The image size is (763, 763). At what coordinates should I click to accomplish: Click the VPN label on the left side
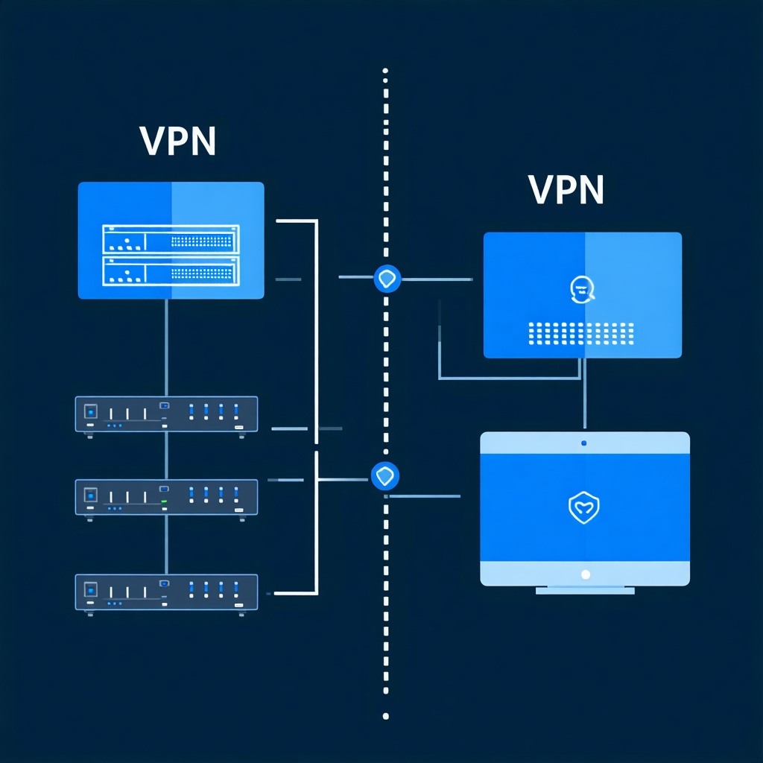click(177, 142)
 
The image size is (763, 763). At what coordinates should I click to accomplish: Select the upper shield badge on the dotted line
click(386, 279)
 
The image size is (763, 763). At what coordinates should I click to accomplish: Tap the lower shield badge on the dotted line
click(385, 475)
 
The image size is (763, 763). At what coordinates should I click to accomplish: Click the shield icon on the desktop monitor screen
click(584, 508)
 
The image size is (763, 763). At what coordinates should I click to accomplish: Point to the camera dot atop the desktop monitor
click(583, 443)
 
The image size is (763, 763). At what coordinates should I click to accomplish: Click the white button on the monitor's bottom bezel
click(585, 574)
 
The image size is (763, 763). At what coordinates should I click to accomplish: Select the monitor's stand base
click(585, 590)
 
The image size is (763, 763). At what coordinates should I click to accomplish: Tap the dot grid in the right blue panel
click(580, 333)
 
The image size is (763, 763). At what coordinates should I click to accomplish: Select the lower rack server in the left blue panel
click(170, 271)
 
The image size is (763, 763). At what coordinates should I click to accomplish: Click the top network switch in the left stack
click(166, 414)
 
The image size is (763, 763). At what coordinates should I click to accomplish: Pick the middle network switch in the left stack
click(166, 496)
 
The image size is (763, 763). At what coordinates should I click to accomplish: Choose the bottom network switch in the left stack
click(166, 592)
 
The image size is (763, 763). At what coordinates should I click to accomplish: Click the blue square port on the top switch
click(91, 411)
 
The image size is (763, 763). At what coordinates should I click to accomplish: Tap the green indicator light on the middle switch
click(165, 503)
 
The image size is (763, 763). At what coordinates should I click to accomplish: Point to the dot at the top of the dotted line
click(385, 72)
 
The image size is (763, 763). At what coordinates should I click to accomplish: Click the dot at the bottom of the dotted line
click(385, 716)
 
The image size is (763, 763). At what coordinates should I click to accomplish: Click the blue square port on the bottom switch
click(91, 589)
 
